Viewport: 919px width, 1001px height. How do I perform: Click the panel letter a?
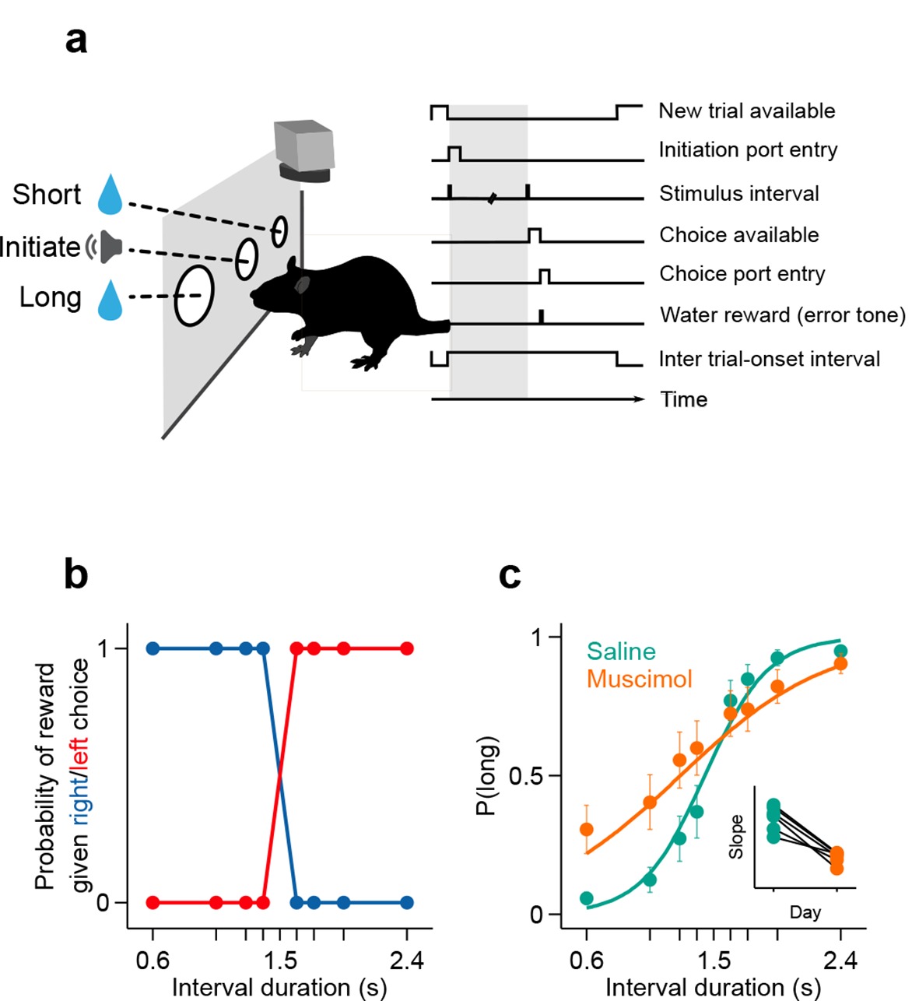point(76,40)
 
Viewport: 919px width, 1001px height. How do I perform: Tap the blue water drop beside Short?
point(110,195)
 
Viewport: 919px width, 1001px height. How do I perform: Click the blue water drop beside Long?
point(110,300)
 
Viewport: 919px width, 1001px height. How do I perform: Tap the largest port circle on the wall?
point(192,296)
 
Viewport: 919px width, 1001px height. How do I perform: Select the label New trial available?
point(746,111)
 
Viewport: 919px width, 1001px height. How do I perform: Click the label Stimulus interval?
point(738,193)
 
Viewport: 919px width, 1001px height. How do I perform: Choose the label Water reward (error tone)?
point(782,315)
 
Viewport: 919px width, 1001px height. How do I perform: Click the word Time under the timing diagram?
point(683,399)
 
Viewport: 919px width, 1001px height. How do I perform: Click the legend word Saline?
point(621,651)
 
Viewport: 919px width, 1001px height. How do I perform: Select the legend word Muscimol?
point(639,679)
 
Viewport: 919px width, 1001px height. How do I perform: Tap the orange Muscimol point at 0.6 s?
point(587,829)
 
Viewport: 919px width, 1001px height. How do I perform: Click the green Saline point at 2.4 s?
point(840,651)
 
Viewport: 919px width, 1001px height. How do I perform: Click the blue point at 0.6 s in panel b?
point(153,648)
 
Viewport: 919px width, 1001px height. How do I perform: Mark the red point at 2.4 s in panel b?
point(406,648)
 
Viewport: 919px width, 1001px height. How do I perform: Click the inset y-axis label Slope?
point(736,837)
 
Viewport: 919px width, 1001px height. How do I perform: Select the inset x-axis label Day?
point(805,911)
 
